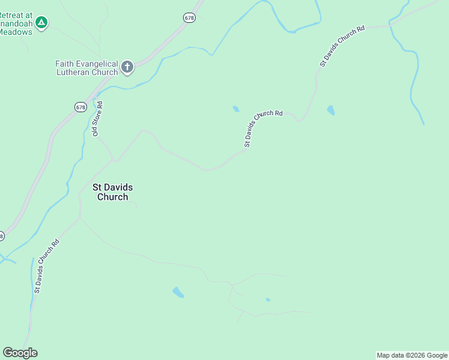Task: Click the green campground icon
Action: coord(41,23)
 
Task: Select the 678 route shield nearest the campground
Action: coord(189,18)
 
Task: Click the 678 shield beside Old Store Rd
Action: coord(81,107)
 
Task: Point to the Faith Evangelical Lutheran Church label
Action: coord(86,68)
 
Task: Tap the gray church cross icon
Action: coord(127,67)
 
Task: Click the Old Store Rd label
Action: coord(97,119)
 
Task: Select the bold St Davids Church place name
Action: coord(112,192)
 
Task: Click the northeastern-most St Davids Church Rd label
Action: coord(342,46)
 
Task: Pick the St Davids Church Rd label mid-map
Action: coord(263,128)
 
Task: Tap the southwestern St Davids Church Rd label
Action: coord(46,266)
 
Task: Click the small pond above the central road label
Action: coord(236,109)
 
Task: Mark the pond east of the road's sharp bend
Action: coord(330,110)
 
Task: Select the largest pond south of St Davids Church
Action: coord(178,292)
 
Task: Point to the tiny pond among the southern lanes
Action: coord(268,299)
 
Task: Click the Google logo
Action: coord(20,353)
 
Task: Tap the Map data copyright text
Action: coord(412,355)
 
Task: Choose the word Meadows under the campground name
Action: coord(16,32)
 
